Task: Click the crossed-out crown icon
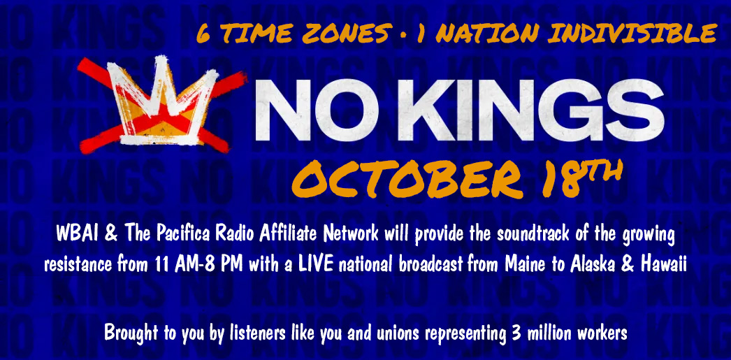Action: (161, 105)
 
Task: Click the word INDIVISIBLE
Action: (632, 34)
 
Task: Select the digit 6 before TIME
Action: (203, 34)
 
